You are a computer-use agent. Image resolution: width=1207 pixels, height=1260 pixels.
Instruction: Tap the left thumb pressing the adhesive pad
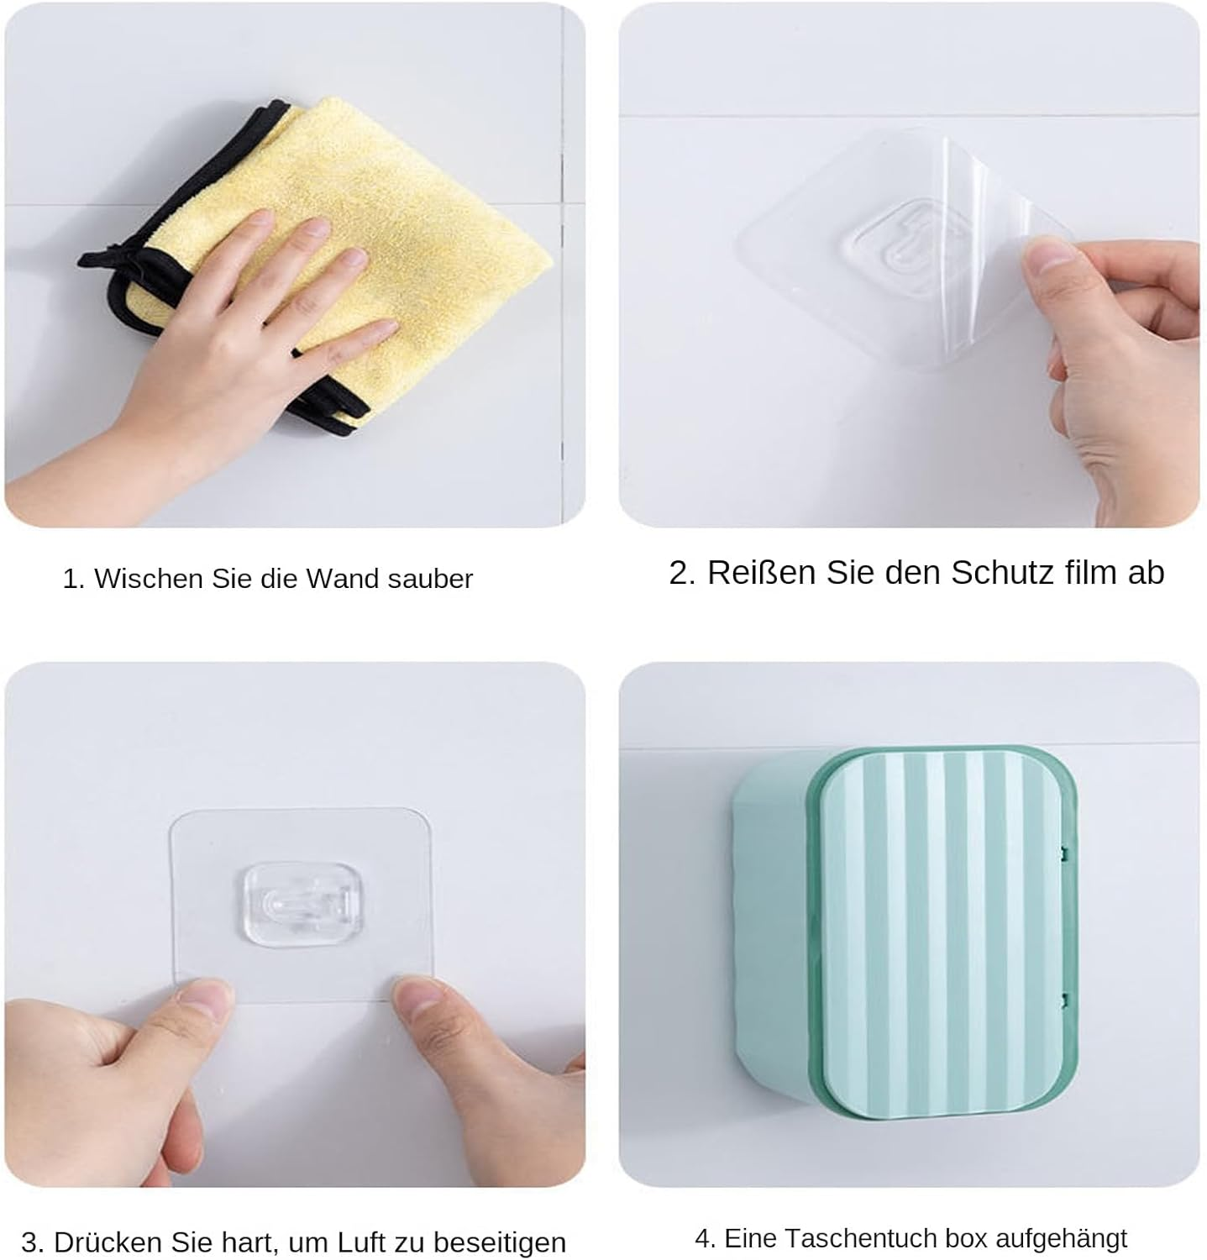[x=202, y=1004]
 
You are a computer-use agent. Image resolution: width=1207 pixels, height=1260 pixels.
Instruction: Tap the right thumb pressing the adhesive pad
[x=420, y=1004]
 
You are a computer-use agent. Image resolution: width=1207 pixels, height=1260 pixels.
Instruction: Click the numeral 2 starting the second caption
[x=679, y=573]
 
